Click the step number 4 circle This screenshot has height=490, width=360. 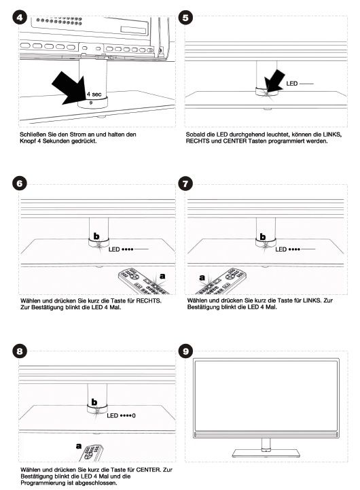pyautogui.click(x=19, y=17)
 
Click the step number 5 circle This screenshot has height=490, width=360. pyautogui.click(x=185, y=18)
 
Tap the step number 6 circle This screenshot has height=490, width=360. pyautogui.click(x=19, y=183)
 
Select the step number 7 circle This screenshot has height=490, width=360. pyautogui.click(x=185, y=183)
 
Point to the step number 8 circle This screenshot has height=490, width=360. pyautogui.click(x=19, y=351)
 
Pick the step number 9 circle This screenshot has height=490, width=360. pyautogui.click(x=185, y=351)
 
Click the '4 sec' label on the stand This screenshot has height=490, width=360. pyautogui.click(x=94, y=94)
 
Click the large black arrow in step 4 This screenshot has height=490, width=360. pyautogui.click(x=69, y=88)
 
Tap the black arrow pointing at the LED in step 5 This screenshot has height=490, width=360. pyautogui.click(x=274, y=82)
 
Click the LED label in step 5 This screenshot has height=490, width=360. pyautogui.click(x=292, y=84)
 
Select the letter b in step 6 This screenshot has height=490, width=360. pyautogui.click(x=96, y=237)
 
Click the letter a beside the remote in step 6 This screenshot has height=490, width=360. pyautogui.click(x=162, y=276)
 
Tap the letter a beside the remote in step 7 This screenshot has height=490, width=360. pyautogui.click(x=202, y=277)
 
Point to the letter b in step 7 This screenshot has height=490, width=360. pyautogui.click(x=263, y=237)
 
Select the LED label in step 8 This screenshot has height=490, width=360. pyautogui.click(x=112, y=415)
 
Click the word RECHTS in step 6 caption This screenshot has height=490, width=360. pyautogui.click(x=149, y=300)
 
